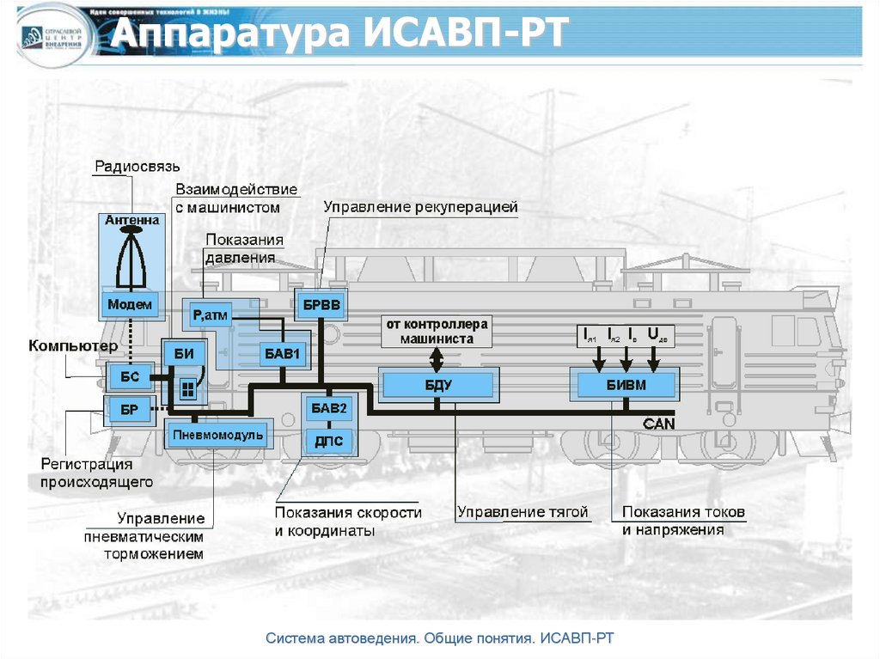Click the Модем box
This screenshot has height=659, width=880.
[131, 304]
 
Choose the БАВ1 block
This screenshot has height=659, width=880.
[284, 353]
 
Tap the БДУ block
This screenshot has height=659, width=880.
[438, 384]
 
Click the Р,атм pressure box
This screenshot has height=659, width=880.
[210, 316]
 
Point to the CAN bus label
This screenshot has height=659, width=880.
[659, 424]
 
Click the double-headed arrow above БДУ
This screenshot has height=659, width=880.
[437, 358]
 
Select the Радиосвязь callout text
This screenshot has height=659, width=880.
[137, 166]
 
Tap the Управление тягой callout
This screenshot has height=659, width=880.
[522, 512]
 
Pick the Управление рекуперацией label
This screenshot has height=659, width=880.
[421, 207]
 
